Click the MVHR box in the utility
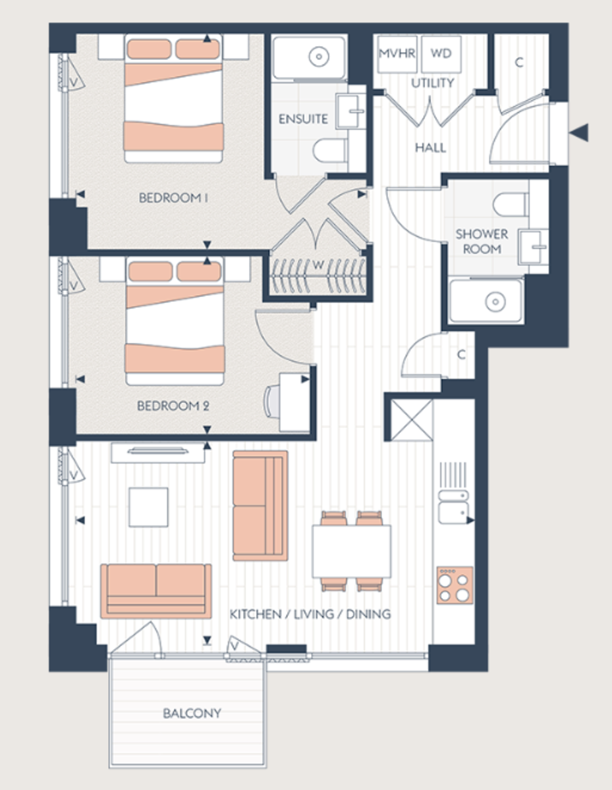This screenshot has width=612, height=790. point(397,54)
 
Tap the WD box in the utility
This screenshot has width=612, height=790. point(441,54)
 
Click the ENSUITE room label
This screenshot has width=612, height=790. point(303,119)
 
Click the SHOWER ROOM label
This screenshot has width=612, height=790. point(482,242)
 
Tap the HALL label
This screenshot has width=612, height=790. point(430,147)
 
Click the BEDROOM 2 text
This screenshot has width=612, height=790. point(173,406)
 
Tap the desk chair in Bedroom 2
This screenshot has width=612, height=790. point(271,401)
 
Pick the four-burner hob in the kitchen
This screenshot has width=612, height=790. point(455,585)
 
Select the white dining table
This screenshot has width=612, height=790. point(351,551)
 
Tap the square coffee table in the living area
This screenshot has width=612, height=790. point(148,507)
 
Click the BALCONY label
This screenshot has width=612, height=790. point(192,713)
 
